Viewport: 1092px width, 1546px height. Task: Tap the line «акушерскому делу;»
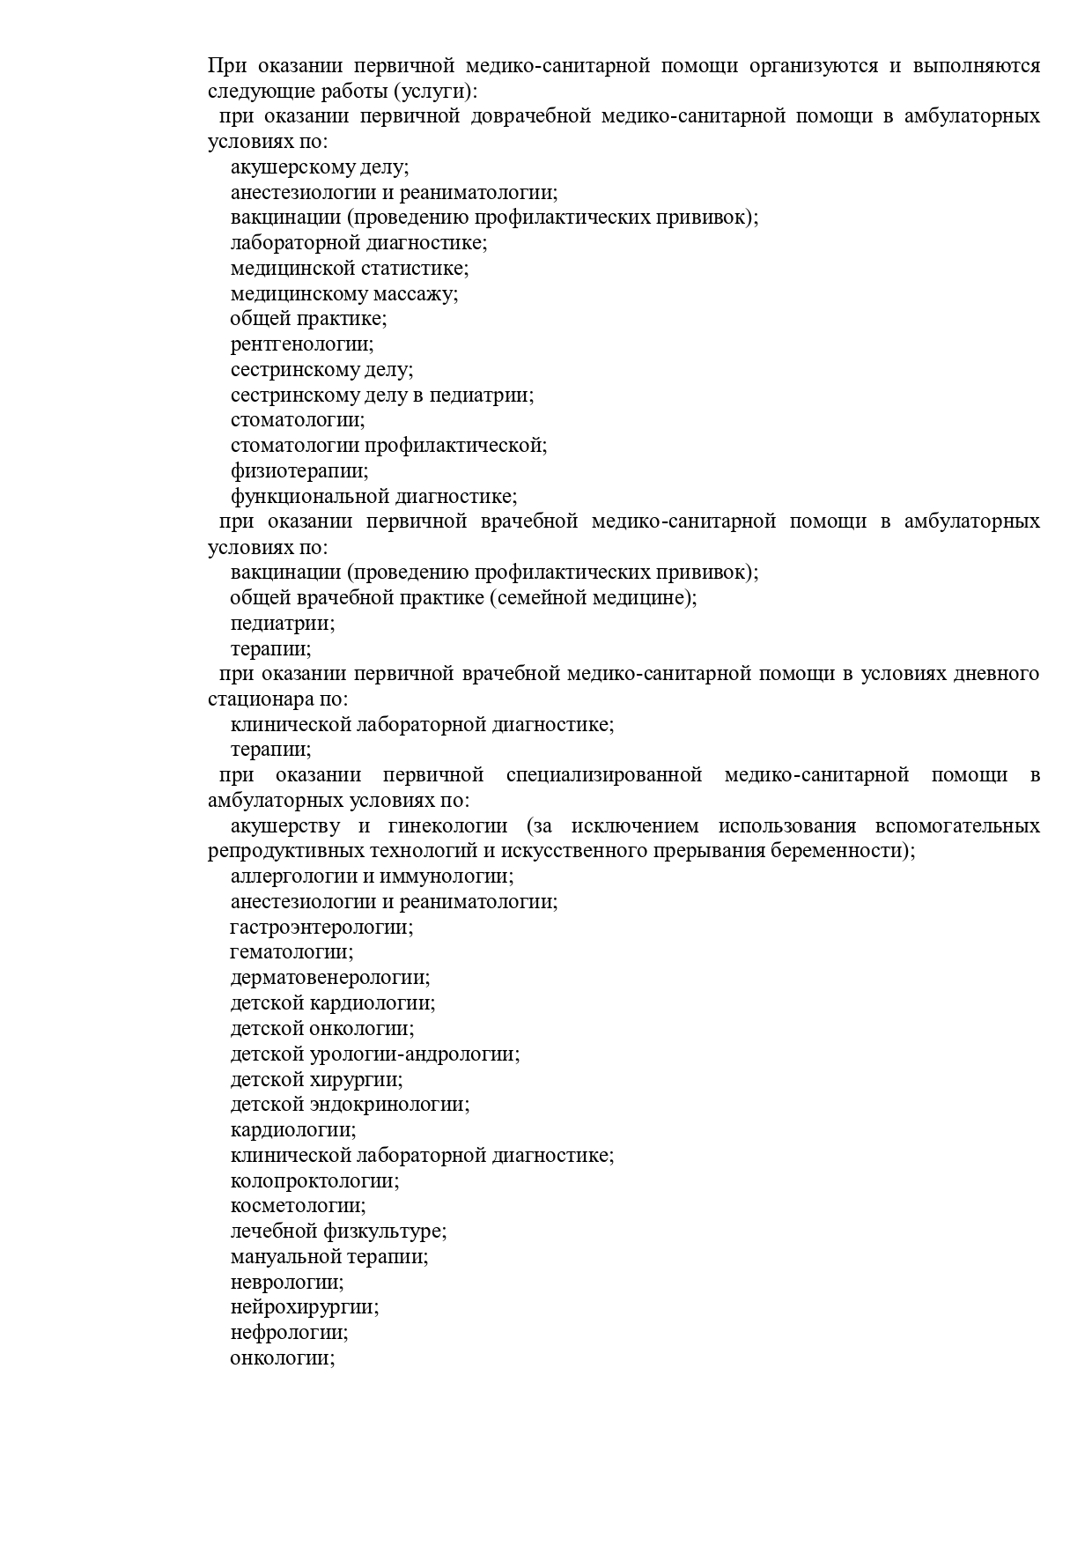click(x=320, y=167)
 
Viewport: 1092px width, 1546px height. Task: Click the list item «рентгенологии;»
click(x=302, y=344)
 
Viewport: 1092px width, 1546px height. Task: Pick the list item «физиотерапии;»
click(x=299, y=471)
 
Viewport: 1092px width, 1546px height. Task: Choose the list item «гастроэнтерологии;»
click(x=321, y=928)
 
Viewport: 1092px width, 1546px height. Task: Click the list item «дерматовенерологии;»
click(x=330, y=978)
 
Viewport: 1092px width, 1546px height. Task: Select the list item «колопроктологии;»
click(x=314, y=1181)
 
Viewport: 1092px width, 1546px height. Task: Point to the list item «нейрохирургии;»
click(x=305, y=1308)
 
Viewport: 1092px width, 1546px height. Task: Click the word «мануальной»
click(x=286, y=1257)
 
